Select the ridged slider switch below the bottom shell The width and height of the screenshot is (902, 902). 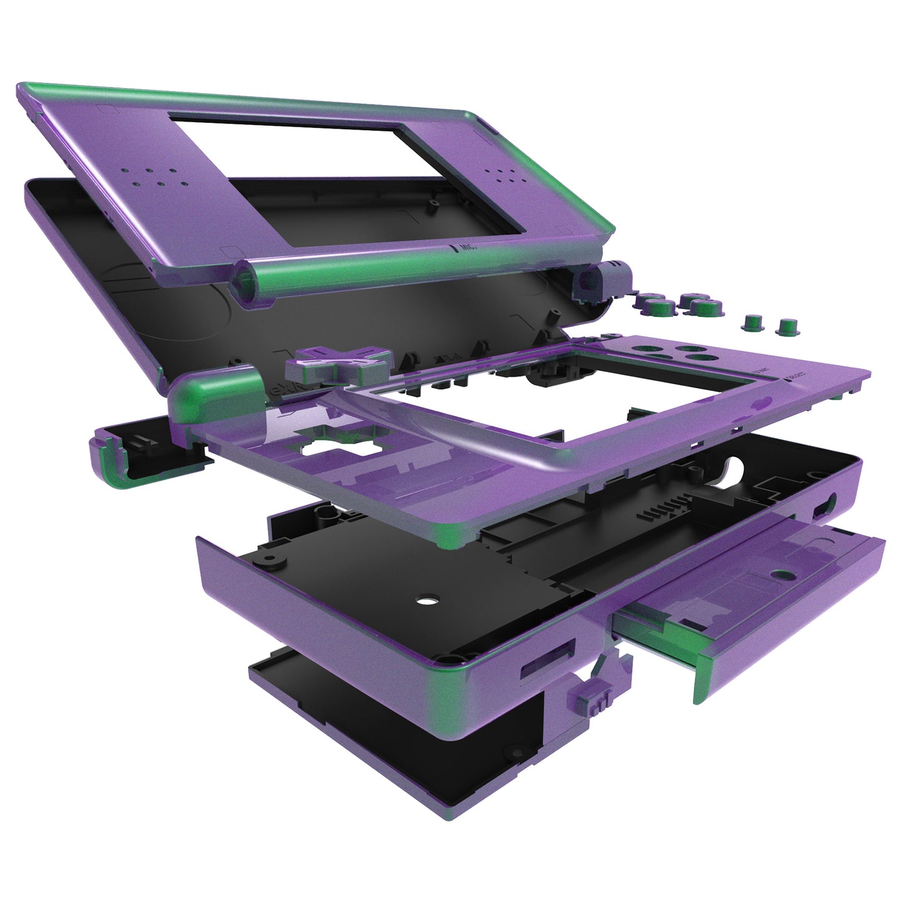[x=587, y=702]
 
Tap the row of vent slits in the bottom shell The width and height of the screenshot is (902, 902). [x=665, y=509]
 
